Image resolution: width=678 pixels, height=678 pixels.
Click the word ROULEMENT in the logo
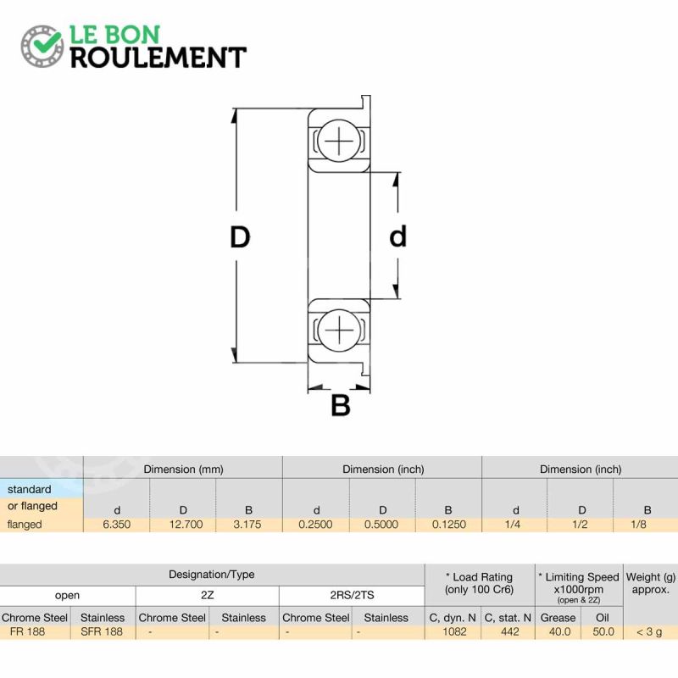158,57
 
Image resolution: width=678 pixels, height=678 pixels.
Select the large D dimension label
240,237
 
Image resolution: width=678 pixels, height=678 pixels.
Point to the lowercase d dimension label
397,236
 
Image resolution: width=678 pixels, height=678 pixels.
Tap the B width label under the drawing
341,405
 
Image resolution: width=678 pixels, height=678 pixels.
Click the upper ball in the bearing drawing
339,141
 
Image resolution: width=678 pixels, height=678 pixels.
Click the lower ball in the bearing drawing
339,330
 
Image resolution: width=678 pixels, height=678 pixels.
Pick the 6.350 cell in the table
117,525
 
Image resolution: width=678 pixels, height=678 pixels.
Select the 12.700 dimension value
186,525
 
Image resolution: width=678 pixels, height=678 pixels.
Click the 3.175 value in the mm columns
247,525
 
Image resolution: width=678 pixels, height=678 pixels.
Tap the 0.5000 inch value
381,525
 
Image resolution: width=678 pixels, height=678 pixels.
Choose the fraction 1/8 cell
638,525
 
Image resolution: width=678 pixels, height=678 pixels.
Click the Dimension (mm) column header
183,470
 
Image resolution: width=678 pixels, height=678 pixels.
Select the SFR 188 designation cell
102,631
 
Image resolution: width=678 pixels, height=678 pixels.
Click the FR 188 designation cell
27,631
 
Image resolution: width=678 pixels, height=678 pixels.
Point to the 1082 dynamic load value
454,631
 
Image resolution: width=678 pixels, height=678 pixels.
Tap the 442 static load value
510,631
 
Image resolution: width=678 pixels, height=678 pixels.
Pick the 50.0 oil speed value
603,631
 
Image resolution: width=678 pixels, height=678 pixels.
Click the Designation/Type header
211,575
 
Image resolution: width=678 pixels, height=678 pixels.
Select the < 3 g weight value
649,631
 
